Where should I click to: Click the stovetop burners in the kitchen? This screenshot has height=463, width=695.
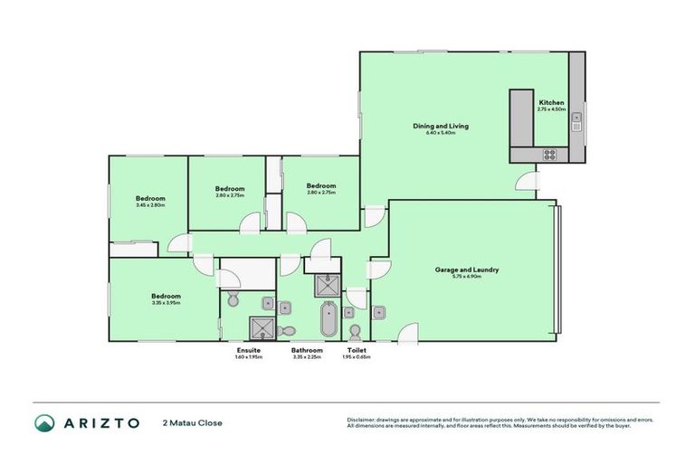pyautogui.click(x=549, y=155)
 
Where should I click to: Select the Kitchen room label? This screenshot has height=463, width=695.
pyautogui.click(x=551, y=103)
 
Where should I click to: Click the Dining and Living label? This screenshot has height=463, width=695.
pyautogui.click(x=440, y=126)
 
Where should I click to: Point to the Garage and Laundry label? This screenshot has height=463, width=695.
pyautogui.click(x=467, y=269)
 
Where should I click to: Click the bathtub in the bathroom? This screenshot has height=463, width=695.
pyautogui.click(x=327, y=321)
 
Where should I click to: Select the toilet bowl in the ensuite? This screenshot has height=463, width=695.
pyautogui.click(x=233, y=299)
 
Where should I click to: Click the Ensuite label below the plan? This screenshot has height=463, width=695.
pyautogui.click(x=249, y=350)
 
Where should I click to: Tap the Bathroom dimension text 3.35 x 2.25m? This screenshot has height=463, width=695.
pyautogui.click(x=307, y=357)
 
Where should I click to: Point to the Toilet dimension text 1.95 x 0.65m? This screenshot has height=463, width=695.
pyautogui.click(x=357, y=357)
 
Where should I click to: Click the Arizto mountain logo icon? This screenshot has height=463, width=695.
pyautogui.click(x=44, y=422)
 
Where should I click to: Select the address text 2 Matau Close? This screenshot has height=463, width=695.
pyautogui.click(x=192, y=422)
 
